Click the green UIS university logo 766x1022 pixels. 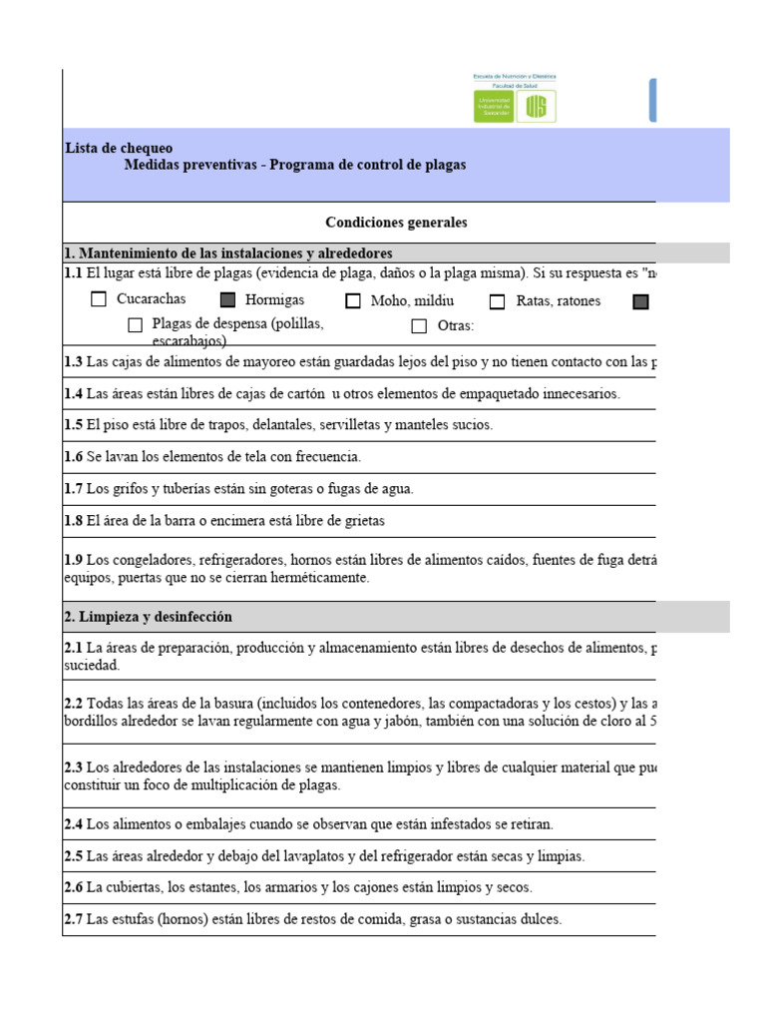[515, 105]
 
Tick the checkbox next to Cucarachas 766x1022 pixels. [99, 299]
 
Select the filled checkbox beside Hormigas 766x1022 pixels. [228, 299]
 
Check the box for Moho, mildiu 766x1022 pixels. [353, 301]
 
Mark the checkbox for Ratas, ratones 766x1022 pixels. [498, 301]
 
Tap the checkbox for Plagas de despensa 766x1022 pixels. [136, 324]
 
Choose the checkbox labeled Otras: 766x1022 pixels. [419, 325]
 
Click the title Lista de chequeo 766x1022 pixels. [119, 148]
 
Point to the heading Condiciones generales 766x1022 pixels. [396, 223]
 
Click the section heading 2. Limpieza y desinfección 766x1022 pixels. [148, 617]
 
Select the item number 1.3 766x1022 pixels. [74, 361]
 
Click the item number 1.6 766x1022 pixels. [74, 456]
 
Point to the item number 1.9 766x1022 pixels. [74, 559]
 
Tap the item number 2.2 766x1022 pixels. [74, 705]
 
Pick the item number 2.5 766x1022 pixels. [74, 856]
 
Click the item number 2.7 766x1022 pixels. [74, 919]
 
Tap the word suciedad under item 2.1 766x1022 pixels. [91, 665]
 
